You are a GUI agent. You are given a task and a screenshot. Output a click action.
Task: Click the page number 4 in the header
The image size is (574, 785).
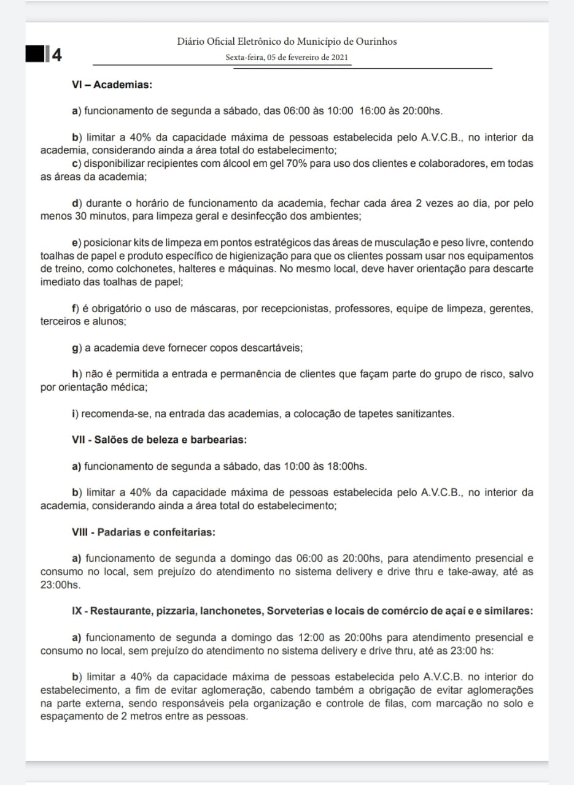[57, 55]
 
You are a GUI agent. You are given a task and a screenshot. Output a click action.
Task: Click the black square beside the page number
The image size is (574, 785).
[35, 55]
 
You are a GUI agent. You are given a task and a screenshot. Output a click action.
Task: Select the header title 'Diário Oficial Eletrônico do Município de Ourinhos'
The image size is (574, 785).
[287, 41]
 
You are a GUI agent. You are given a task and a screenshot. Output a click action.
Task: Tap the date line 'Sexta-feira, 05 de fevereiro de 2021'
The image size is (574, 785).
[287, 57]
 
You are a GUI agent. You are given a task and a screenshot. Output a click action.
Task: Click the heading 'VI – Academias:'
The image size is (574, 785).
[112, 85]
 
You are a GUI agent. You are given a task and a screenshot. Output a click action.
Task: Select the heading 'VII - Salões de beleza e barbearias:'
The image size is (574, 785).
[159, 440]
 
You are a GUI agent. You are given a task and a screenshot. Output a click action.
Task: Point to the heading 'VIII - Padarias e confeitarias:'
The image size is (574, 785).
[144, 532]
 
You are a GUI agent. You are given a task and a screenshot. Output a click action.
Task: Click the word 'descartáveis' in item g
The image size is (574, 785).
[273, 348]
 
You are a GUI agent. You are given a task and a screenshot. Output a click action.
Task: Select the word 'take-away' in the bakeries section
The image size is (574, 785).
[468, 572]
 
